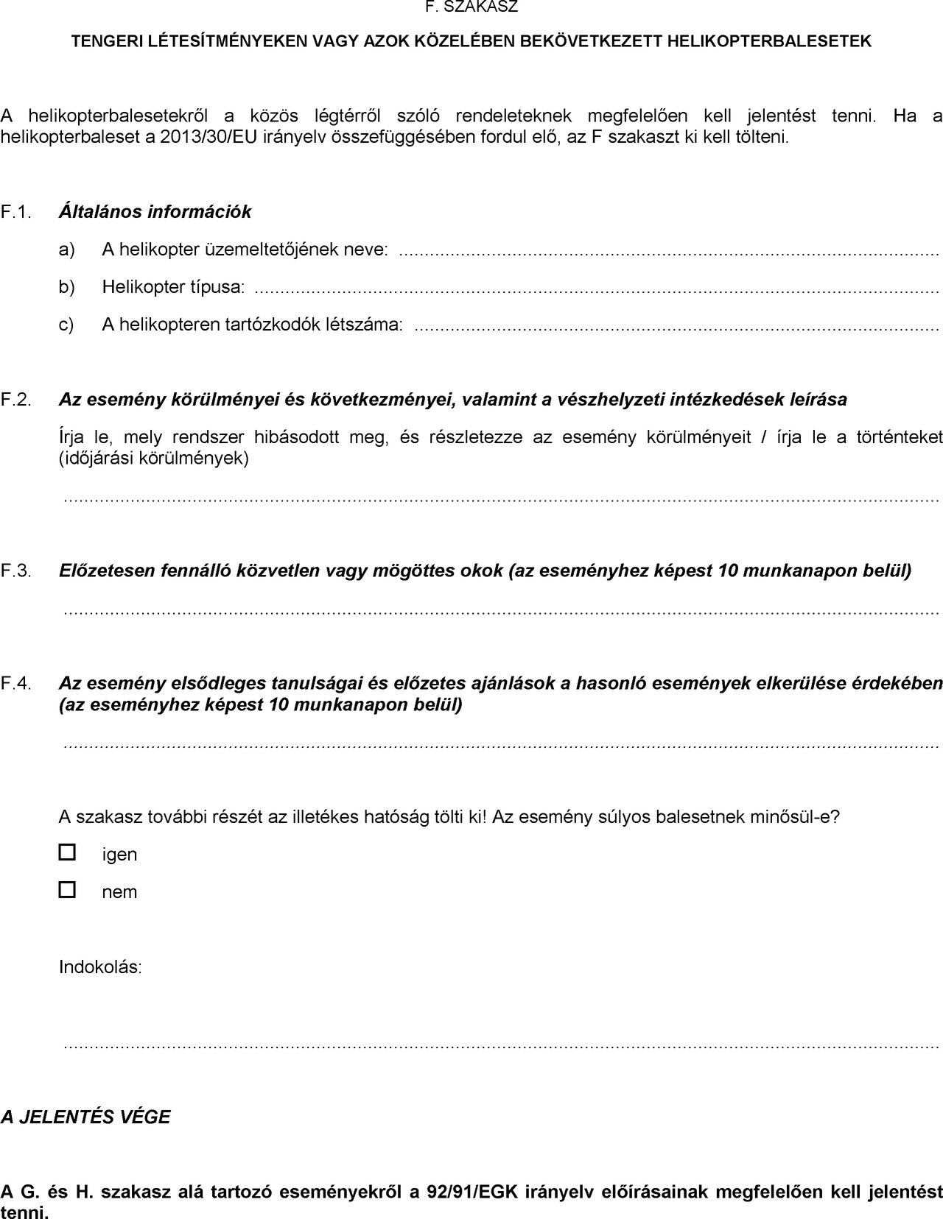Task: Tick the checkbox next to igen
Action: pyautogui.click(x=67, y=852)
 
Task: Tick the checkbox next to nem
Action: pyautogui.click(x=67, y=890)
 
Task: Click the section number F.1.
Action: pyautogui.click(x=16, y=212)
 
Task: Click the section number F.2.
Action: pyautogui.click(x=16, y=400)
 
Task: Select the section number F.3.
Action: pyautogui.click(x=16, y=570)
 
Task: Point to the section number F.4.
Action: pyautogui.click(x=16, y=683)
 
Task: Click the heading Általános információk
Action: pyautogui.click(x=155, y=212)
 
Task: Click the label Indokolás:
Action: pyautogui.click(x=100, y=967)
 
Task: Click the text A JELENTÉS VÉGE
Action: pyautogui.click(x=85, y=1117)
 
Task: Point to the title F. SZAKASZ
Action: pyautogui.click(x=471, y=8)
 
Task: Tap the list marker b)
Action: pyautogui.click(x=67, y=286)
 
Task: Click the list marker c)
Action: pyautogui.click(x=67, y=324)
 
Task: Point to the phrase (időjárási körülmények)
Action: pyautogui.click(x=154, y=458)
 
